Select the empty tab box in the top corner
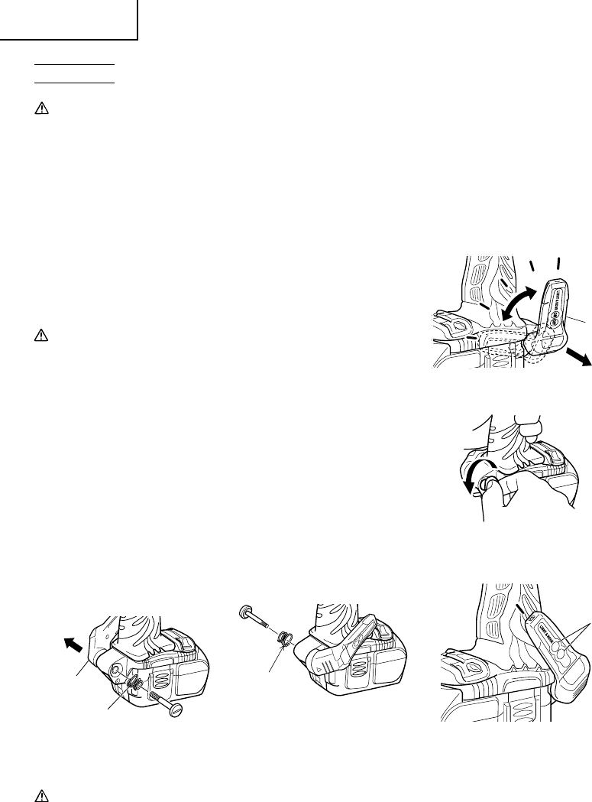pyautogui.click(x=69, y=19)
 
